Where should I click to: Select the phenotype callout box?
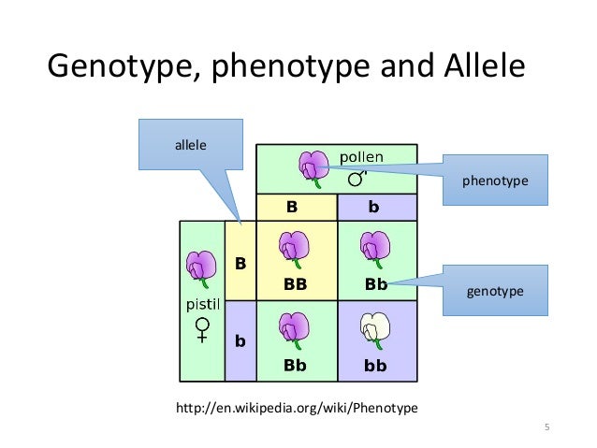(494, 179)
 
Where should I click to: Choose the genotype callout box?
(494, 292)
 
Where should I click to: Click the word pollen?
(360, 156)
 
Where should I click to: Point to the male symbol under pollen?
(357, 178)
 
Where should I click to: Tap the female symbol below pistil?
(201, 329)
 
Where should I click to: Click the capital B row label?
(240, 264)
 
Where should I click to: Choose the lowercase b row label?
(240, 342)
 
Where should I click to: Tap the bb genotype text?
(374, 366)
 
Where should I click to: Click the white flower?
(374, 330)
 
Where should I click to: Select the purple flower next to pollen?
(311, 166)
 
